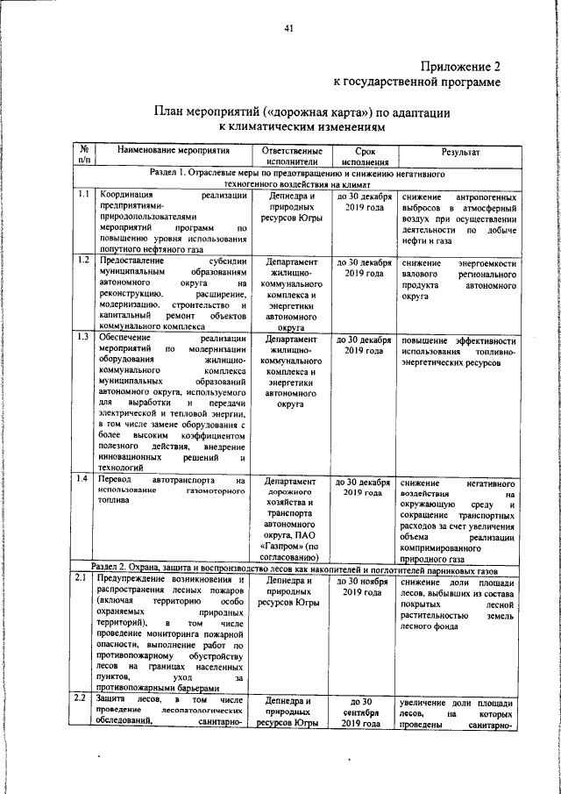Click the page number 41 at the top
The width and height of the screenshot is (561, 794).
[288, 29]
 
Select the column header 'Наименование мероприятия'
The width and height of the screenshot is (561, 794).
[172, 151]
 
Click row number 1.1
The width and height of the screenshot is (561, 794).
[82, 195]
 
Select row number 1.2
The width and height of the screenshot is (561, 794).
[82, 261]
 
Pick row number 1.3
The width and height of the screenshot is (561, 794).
[82, 337]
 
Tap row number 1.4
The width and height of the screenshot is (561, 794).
[82, 478]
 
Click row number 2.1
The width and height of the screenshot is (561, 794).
[82, 578]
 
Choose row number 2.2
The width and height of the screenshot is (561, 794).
[82, 698]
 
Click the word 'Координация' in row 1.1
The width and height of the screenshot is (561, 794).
[127, 196]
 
